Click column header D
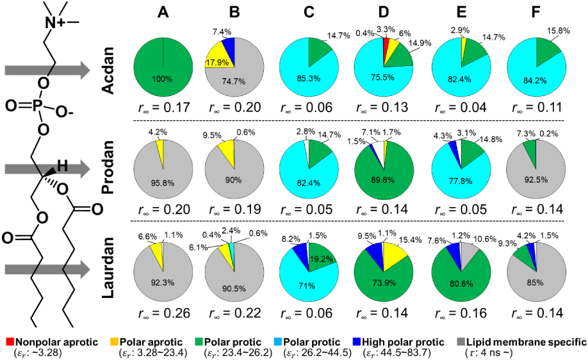pos(383,13)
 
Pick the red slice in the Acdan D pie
pos(386,50)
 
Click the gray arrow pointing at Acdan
pos(45,71)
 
